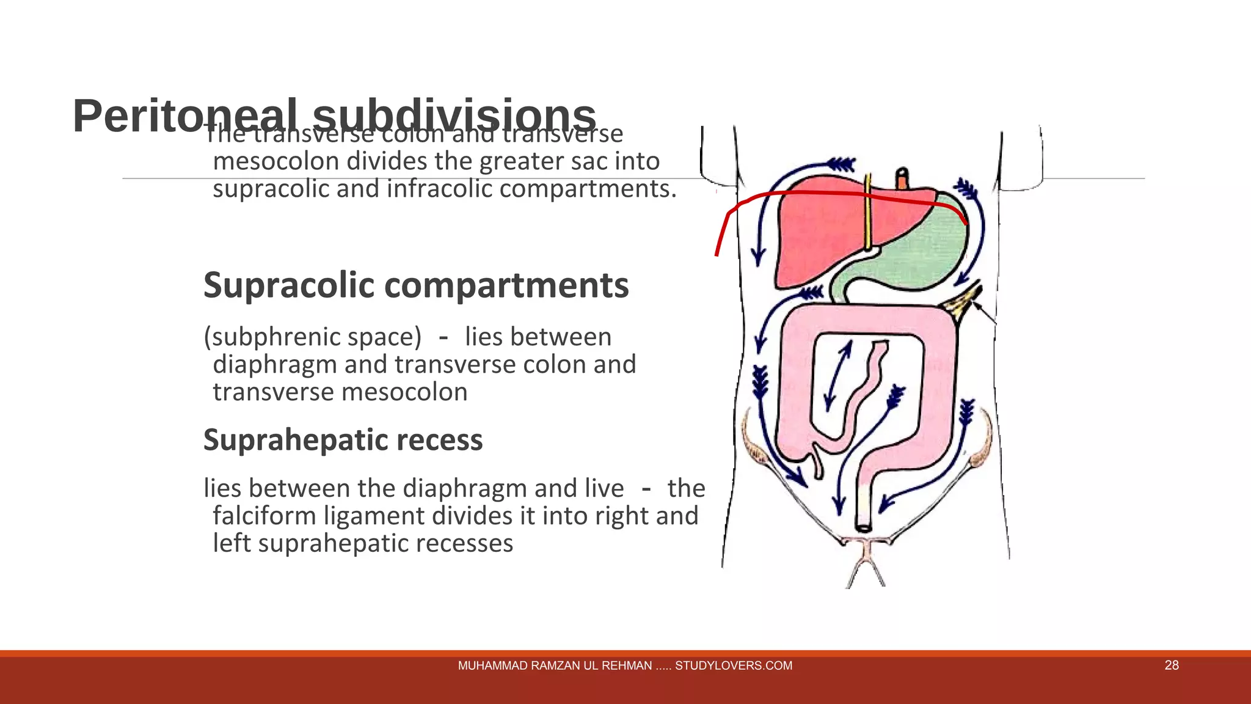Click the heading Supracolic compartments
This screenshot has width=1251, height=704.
tap(416, 285)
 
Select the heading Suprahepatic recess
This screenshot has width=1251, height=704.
tap(343, 440)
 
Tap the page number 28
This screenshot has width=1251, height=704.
tap(1171, 665)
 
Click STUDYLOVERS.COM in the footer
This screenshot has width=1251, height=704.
tap(733, 666)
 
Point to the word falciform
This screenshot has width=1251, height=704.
tap(264, 516)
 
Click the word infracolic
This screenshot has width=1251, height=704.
tap(439, 189)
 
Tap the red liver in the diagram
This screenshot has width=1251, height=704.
tap(812, 238)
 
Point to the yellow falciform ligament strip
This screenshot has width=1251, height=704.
tap(867, 214)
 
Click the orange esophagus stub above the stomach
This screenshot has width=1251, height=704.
tap(902, 180)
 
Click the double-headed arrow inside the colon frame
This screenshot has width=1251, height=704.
tap(837, 375)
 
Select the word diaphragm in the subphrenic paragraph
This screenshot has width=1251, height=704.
tap(274, 365)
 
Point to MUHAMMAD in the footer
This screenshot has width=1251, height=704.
tap(492, 666)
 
